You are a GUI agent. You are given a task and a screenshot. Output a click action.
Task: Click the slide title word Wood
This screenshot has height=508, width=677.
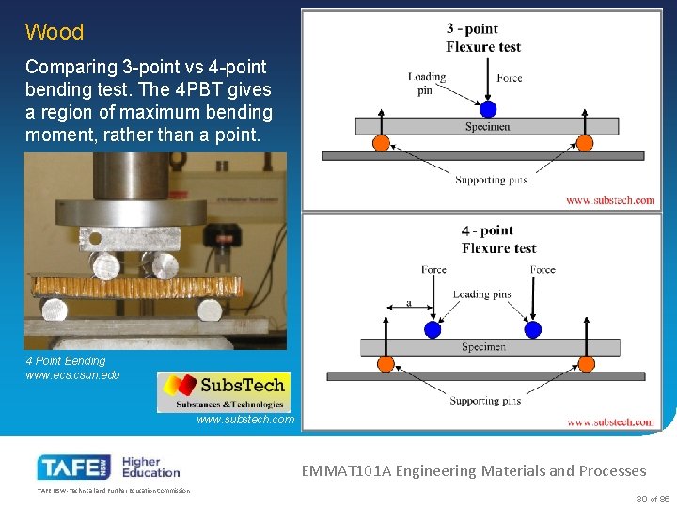[x=55, y=32]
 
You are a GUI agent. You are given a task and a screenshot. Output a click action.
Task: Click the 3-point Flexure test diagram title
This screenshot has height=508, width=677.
[x=482, y=38]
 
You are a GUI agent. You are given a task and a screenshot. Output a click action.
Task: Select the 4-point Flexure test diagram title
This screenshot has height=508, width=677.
[x=498, y=239]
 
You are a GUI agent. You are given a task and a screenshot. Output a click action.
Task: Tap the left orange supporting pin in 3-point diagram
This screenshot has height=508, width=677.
[x=382, y=143]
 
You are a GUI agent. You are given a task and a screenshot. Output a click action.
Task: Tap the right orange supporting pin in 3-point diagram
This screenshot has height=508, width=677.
[x=584, y=143]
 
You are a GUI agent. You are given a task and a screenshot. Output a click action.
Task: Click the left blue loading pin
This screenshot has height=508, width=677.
[x=433, y=329]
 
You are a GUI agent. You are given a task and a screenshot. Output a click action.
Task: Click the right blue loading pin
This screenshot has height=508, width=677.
[x=533, y=329]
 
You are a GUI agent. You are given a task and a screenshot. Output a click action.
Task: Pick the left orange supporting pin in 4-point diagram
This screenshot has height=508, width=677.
[x=385, y=364]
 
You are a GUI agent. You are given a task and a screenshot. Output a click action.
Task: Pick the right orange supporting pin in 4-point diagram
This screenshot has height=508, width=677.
[x=587, y=364]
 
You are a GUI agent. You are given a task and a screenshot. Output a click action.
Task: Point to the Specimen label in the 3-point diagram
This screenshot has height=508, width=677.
[x=487, y=126]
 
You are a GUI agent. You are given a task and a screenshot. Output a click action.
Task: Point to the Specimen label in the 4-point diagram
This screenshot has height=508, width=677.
[x=483, y=347]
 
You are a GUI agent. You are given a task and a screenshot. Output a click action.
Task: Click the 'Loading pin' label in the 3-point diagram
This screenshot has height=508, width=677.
[x=427, y=84]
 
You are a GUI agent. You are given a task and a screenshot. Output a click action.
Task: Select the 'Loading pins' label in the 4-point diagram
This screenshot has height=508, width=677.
[x=481, y=294]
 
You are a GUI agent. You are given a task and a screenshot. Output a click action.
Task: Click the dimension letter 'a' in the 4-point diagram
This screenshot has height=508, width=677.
[x=408, y=303]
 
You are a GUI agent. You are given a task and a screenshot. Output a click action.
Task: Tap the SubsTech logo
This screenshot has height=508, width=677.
[x=224, y=391]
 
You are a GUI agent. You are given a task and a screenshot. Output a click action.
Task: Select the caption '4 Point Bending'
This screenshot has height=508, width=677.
[x=66, y=360]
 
